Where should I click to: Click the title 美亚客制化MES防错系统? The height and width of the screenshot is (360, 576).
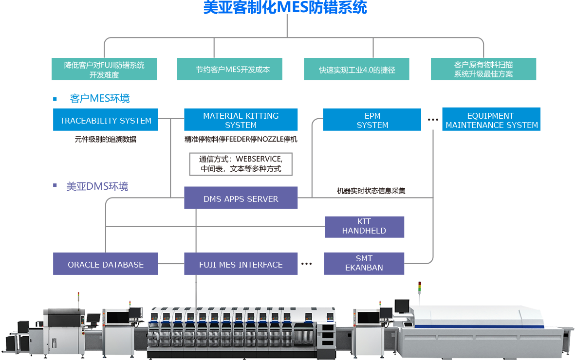pyautogui.click(x=285, y=7)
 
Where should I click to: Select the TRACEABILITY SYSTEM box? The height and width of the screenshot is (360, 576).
pyautogui.click(x=106, y=120)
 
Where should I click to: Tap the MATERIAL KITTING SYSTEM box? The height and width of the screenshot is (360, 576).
pyautogui.click(x=241, y=120)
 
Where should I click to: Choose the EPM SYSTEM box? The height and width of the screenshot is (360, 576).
pyautogui.click(x=372, y=120)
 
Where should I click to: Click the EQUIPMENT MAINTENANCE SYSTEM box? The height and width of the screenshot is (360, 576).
pyautogui.click(x=491, y=120)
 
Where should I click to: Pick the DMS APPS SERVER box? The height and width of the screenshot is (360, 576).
pyautogui.click(x=241, y=198)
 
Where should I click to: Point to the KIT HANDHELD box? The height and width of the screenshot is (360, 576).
pyautogui.click(x=364, y=227)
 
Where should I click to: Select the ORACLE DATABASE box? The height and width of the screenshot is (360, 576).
pyautogui.click(x=106, y=264)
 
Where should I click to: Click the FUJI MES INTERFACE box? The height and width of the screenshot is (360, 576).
pyautogui.click(x=241, y=264)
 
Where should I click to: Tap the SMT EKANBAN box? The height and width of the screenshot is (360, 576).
pyautogui.click(x=364, y=263)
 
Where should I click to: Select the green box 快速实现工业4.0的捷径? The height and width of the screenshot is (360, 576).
pyautogui.click(x=357, y=70)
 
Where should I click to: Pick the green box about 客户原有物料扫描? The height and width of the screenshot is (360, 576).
pyautogui.click(x=483, y=69)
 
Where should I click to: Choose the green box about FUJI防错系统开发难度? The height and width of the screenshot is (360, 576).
pyautogui.click(x=104, y=69)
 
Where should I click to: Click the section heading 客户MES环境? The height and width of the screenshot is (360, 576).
pyautogui.click(x=100, y=99)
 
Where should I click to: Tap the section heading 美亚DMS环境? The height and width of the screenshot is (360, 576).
pyautogui.click(x=97, y=186)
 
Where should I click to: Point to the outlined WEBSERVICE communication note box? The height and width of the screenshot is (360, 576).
pyautogui.click(x=241, y=164)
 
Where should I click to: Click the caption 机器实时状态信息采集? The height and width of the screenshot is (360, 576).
pyautogui.click(x=371, y=191)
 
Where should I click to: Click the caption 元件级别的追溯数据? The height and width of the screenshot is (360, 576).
pyautogui.click(x=106, y=139)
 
